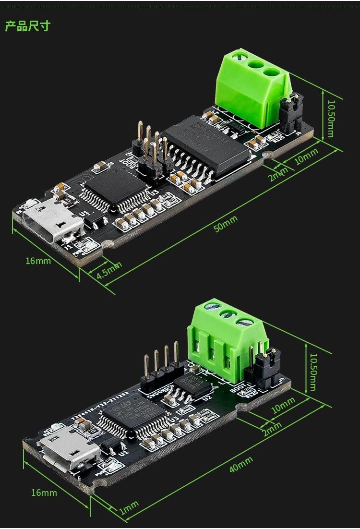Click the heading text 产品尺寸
pyautogui.click(x=27, y=26)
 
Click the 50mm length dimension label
pyautogui.click(x=226, y=224)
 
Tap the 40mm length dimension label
pyautogui.click(x=241, y=464)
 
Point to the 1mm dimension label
pyautogui.click(x=129, y=507)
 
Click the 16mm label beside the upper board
pyautogui.click(x=38, y=261)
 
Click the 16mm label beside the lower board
pyautogui.click(x=44, y=493)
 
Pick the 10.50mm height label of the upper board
pyautogui.click(x=332, y=118)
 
